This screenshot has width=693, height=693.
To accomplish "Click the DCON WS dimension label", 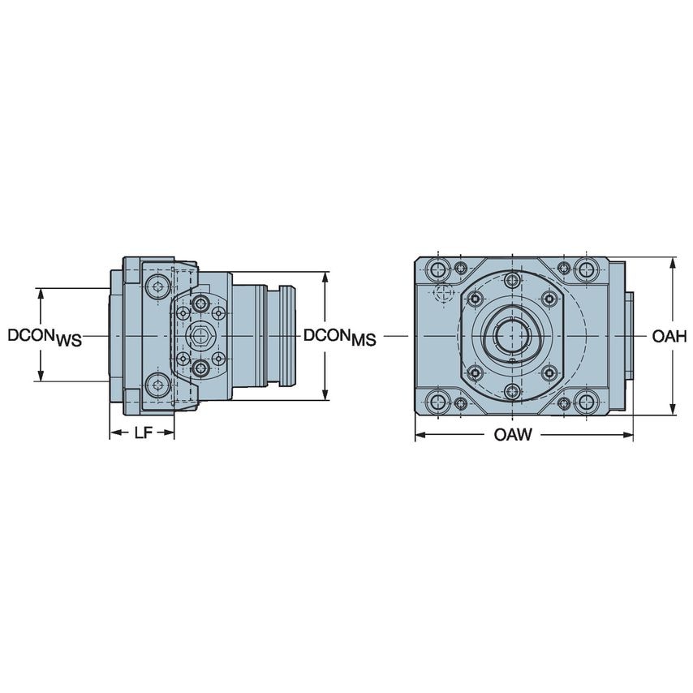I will point(45,337).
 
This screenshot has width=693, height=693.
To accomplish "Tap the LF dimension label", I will point(143,433).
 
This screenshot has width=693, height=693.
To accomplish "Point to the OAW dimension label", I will point(513,436).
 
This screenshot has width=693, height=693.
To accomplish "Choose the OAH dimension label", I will point(669,336).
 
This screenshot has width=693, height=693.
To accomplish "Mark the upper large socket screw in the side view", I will point(160,285).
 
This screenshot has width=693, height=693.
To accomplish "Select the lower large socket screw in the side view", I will point(160,385).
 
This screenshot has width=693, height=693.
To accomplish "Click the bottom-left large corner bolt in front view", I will point(439,401).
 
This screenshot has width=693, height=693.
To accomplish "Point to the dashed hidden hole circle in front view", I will point(442,293).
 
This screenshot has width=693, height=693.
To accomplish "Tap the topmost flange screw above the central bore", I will point(511,281).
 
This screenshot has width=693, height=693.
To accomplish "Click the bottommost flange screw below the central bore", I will point(511,392).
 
